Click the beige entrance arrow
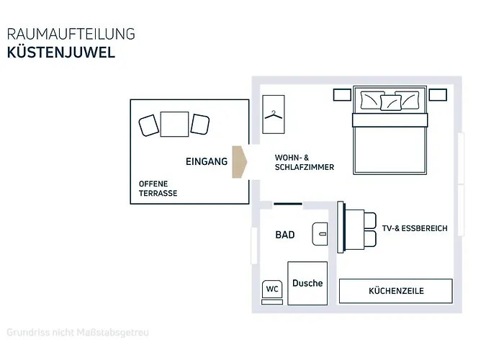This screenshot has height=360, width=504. point(239,162)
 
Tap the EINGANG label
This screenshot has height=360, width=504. point(207,161)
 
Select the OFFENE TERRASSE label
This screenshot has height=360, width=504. point(158,189)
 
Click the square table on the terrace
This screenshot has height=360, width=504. point(174,124)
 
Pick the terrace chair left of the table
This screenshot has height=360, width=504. point(148,125)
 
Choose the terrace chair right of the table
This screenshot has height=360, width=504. point(200,125)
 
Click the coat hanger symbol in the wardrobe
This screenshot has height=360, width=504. point(273,114)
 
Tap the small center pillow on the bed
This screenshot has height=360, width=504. point(390,102)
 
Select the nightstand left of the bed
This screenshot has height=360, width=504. point(342,95)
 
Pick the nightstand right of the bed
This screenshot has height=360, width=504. point(438,95)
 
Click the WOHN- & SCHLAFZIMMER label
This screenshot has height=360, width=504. point(305,162)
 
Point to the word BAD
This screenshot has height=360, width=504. point(285,235)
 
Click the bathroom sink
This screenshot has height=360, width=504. point(320,234)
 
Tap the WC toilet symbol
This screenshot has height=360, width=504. point(272,292)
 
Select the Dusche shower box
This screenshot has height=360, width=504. point(307,283)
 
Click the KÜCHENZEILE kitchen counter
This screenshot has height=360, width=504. point(396,291)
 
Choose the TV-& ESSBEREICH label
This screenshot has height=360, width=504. point(415,228)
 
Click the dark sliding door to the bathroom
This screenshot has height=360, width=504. point(288,204)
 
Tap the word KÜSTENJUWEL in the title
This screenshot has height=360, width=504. point(61,53)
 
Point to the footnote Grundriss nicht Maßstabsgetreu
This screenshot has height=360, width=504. point(78,333)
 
